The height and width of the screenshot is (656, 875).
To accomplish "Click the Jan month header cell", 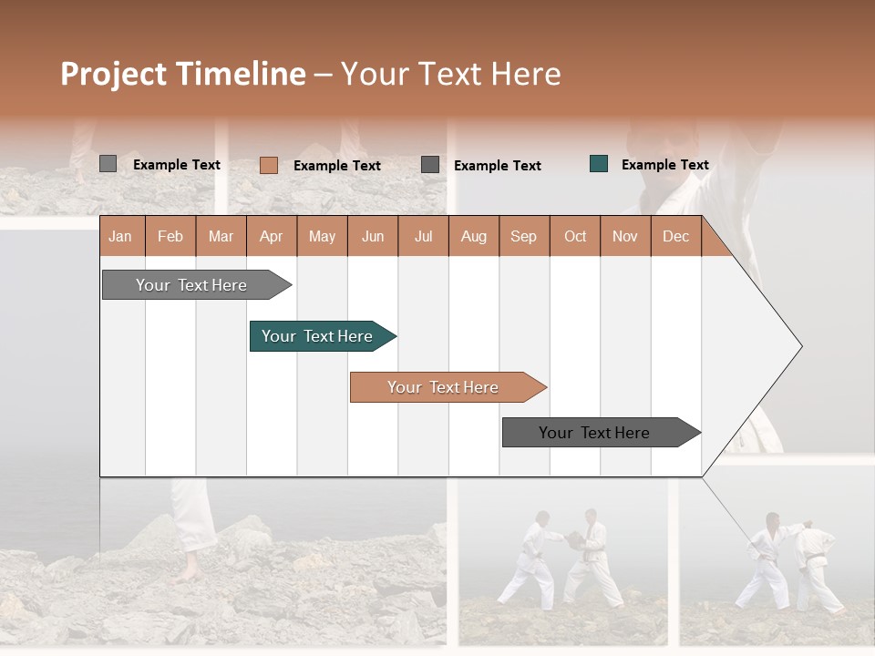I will (121, 236).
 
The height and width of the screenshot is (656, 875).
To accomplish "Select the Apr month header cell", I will (272, 236).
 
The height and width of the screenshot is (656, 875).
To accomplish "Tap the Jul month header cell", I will (423, 236).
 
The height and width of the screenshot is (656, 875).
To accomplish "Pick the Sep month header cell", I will (524, 236).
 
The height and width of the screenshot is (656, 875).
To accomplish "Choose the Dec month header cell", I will (675, 236).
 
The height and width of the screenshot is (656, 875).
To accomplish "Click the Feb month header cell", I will (170, 236).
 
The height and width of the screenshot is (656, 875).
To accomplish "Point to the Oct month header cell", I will (575, 236).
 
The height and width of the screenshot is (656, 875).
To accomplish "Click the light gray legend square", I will (108, 164).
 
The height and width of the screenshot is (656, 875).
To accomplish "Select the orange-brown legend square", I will (268, 165).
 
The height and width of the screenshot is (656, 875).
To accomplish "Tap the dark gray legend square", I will (430, 165).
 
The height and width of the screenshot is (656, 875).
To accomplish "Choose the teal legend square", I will (599, 164).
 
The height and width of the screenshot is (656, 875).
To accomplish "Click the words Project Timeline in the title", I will (183, 74).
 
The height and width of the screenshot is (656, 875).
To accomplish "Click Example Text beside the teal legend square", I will (664, 165).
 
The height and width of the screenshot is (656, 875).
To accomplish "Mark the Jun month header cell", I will (373, 236).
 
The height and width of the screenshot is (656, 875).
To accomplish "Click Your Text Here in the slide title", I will (450, 74).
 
